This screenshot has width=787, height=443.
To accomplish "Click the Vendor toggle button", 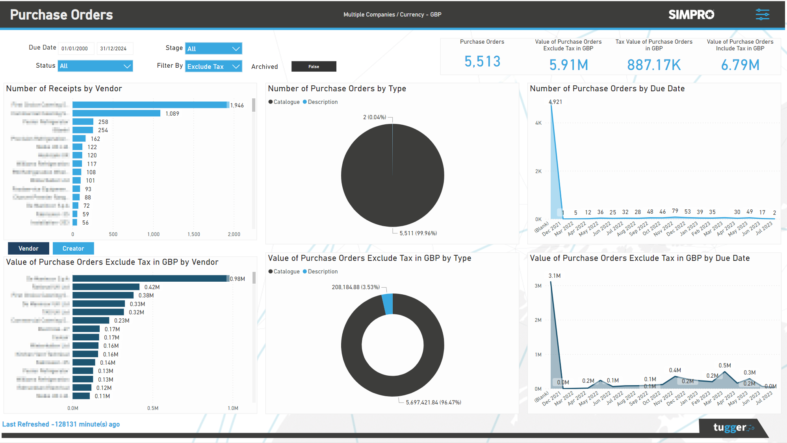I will (x=28, y=248).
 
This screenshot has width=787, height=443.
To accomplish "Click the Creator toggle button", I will (x=73, y=248).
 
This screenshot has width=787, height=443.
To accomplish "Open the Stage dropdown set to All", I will (x=213, y=48).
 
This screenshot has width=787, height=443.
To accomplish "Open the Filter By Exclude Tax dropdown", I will (x=213, y=66).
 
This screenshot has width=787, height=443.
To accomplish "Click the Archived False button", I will (x=314, y=66).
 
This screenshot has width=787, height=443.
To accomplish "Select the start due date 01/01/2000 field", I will (x=75, y=48).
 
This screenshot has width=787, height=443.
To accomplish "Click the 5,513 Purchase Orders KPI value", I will (x=482, y=61).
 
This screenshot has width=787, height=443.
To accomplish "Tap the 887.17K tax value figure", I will (x=653, y=65).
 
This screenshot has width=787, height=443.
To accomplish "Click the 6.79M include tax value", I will (x=740, y=65).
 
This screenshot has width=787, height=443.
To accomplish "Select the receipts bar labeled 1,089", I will (x=116, y=113).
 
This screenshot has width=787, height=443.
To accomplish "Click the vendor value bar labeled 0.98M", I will (x=150, y=279).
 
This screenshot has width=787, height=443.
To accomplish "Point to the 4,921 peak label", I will (x=555, y=102).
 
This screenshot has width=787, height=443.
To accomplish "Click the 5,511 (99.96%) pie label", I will (x=418, y=233).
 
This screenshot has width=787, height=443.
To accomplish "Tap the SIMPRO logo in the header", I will (x=691, y=15).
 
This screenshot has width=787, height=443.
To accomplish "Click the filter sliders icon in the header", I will (x=762, y=15).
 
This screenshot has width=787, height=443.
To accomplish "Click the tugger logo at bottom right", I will (x=733, y=427).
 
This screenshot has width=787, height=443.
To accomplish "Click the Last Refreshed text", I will (x=61, y=424).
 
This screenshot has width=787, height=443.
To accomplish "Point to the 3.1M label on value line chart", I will (x=554, y=276).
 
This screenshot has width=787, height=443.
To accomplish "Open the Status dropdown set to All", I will (x=95, y=66).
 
